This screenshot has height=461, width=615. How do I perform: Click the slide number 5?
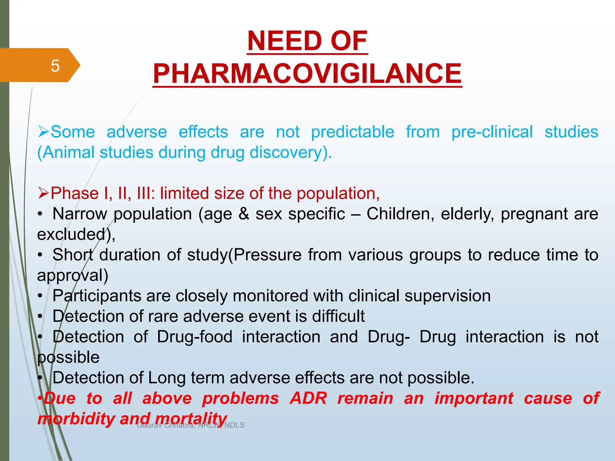pos(55,66)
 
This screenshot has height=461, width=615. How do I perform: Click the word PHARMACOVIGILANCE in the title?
pos(307,74)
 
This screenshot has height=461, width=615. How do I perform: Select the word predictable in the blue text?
pos(353,132)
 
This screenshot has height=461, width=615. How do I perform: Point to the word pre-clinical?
pos(492,132)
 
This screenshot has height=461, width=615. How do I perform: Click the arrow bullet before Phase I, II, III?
pos(43,193)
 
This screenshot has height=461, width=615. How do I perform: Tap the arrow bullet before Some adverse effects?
pos(43,132)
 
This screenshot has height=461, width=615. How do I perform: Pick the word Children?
pos(400,214)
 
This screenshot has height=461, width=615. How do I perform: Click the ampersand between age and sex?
pos(244,214)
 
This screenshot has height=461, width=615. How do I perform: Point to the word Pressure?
pos(268,255)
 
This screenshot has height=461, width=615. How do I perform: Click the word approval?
pos(72,276)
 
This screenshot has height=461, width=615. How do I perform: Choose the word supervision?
pos(447,296)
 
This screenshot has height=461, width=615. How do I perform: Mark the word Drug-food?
pos(195,337)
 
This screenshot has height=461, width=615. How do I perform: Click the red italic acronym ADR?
pos(308,398)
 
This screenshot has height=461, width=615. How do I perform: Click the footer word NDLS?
pos(235,425)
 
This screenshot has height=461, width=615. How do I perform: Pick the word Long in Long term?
pos(166,378)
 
